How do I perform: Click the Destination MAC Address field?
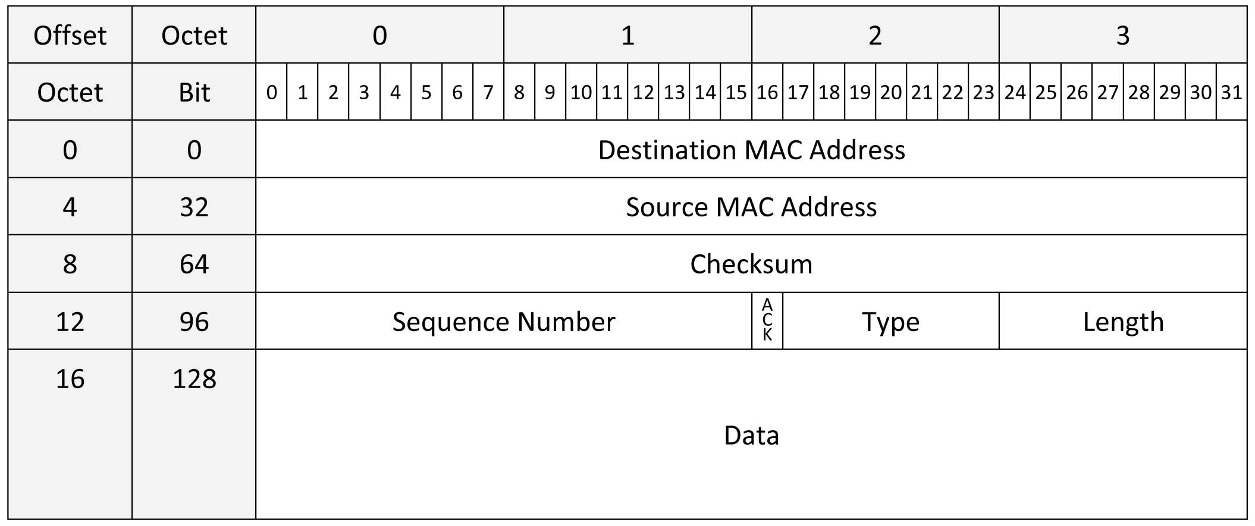(x=751, y=149)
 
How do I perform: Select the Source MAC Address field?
(x=751, y=206)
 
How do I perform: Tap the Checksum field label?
(x=751, y=264)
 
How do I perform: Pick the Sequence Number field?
(x=504, y=321)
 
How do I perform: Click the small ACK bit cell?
(x=767, y=321)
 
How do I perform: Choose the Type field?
(x=891, y=321)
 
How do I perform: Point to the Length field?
(x=1123, y=321)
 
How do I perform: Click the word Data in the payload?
(x=751, y=435)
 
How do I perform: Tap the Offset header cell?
(x=70, y=35)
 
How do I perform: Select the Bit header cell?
(x=194, y=92)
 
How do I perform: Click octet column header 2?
(x=875, y=35)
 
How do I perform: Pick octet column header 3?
(x=1123, y=35)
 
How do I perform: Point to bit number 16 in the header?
(x=767, y=92)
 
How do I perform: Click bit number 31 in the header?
(x=1231, y=92)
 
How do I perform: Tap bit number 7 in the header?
(x=488, y=92)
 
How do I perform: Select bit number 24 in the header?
(x=1015, y=92)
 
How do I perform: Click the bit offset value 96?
(x=194, y=322)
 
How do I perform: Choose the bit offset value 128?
(x=194, y=379)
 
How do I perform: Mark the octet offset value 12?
(x=70, y=322)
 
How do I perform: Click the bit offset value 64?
(x=194, y=264)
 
